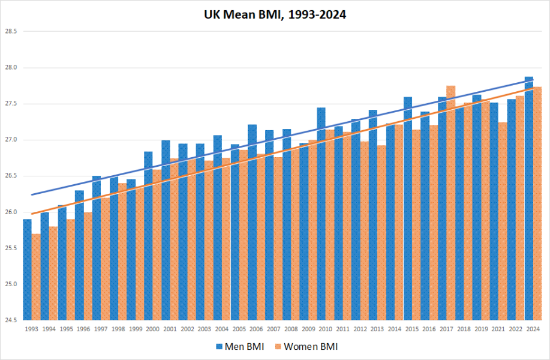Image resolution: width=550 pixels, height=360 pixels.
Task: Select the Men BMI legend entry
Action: pyautogui.click(x=239, y=347)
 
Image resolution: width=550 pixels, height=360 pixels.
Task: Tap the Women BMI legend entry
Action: pyautogui.click(x=306, y=347)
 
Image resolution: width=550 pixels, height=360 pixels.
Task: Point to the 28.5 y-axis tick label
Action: pyautogui.click(x=11, y=31)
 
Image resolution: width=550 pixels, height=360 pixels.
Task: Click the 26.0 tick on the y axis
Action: pyautogui.click(x=11, y=212)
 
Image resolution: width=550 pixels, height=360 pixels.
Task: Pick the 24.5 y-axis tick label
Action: pyautogui.click(x=11, y=320)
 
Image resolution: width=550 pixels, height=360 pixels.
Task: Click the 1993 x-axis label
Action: pyautogui.click(x=32, y=329)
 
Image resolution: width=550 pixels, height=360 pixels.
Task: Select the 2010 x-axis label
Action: pyautogui.click(x=325, y=329)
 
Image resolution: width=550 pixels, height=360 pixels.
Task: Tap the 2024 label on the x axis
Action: pyautogui.click(x=533, y=329)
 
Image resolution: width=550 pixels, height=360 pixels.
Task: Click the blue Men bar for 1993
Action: pyautogui.click(x=28, y=269)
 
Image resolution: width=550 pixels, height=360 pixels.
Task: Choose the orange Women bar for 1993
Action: pyautogui.click(x=36, y=277)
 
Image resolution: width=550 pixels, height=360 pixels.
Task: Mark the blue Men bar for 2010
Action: pyautogui.click(x=321, y=214)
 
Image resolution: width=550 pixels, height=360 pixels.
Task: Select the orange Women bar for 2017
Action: pyautogui.click(x=450, y=203)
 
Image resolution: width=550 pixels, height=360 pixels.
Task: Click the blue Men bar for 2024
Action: pyautogui.click(x=528, y=198)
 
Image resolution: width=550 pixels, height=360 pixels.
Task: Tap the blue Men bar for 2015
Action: pyautogui.click(x=408, y=208)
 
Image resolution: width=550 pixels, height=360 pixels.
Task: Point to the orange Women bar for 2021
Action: pyautogui.click(x=503, y=221)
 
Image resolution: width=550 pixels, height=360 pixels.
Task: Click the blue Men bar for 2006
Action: pyautogui.click(x=252, y=222)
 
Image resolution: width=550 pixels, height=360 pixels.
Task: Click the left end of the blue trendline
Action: pyautogui.click(x=32, y=194)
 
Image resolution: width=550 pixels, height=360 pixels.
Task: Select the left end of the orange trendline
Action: pyautogui.click(x=32, y=214)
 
